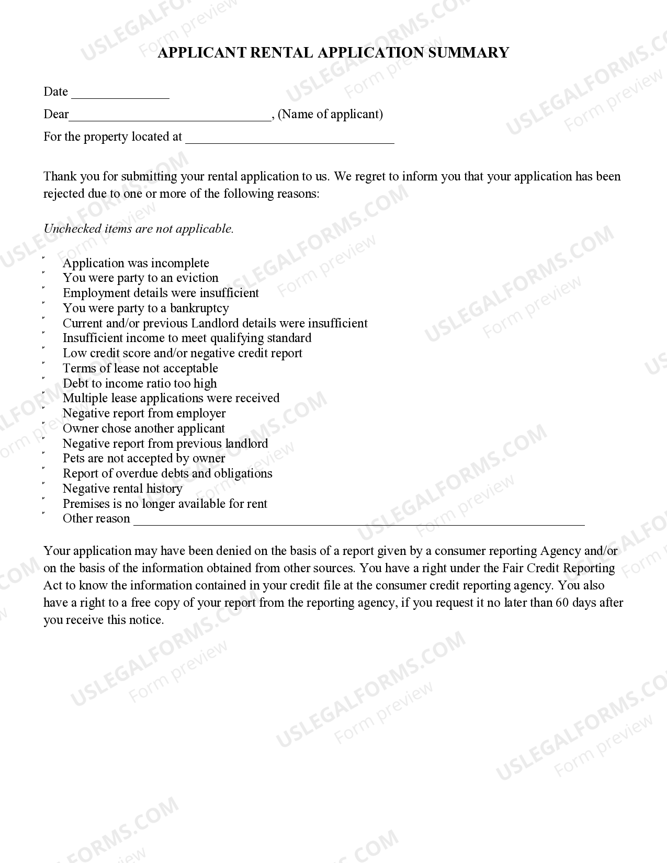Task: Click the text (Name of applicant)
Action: tap(331, 114)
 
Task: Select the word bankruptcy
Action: tap(199, 308)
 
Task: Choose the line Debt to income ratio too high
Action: tap(140, 383)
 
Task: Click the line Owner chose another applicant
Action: tap(143, 428)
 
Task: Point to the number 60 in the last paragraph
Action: tap(561, 603)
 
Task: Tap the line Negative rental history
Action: tap(122, 489)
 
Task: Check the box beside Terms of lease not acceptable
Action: tap(44, 364)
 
